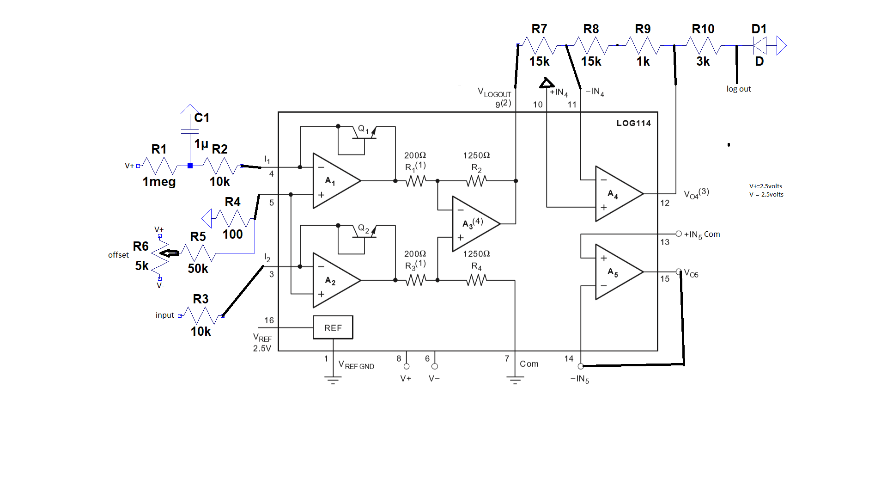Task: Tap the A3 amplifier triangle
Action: (472, 224)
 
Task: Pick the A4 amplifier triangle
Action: (615, 194)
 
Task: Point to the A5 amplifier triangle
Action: (615, 272)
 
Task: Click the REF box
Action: (333, 327)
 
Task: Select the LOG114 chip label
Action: (633, 123)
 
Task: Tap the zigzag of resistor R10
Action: (703, 45)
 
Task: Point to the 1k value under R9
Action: (643, 62)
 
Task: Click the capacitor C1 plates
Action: (190, 131)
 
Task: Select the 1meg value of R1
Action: (159, 182)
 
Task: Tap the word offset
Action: (118, 255)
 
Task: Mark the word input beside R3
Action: (164, 315)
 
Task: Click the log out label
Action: (738, 89)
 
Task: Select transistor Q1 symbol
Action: (365, 134)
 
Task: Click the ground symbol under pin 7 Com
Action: (515, 380)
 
